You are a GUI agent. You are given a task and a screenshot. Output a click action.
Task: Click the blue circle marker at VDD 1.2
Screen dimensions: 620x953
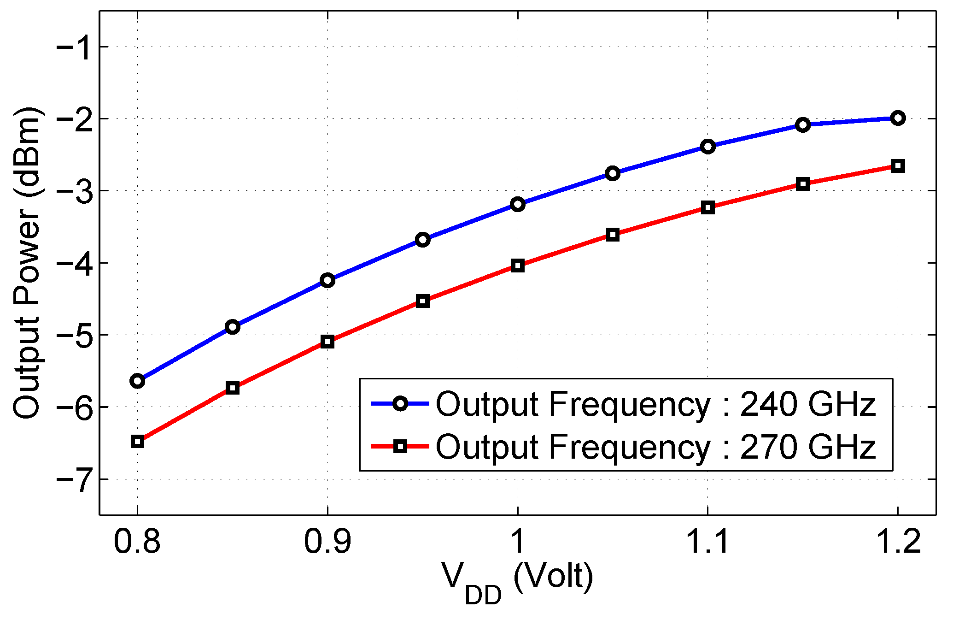point(897,118)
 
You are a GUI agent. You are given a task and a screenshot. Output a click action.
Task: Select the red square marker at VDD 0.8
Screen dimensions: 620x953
point(137,441)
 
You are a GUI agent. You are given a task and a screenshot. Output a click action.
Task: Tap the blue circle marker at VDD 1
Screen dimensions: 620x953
point(517,204)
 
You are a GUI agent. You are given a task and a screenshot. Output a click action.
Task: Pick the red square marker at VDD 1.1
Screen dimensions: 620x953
point(707,207)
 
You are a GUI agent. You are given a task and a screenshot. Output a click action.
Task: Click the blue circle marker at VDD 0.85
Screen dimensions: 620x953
point(233,327)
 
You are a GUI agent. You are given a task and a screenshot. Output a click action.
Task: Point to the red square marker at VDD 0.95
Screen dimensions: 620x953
point(422,301)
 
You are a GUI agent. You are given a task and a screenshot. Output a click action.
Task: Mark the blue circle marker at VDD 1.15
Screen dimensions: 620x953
point(802,125)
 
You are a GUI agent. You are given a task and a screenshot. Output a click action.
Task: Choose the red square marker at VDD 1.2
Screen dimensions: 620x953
point(897,166)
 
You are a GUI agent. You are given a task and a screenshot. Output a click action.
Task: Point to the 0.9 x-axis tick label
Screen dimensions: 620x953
point(327,541)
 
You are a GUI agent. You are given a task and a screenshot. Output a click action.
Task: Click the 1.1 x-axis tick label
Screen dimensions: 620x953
point(707,541)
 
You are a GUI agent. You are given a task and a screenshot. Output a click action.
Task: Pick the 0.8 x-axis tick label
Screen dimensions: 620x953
point(137,541)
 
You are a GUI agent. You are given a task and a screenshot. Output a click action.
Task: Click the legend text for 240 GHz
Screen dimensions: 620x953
point(655,404)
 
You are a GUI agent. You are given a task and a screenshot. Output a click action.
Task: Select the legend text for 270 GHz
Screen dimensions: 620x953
point(655,447)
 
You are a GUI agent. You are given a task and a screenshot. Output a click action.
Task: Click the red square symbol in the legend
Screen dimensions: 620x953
point(400,446)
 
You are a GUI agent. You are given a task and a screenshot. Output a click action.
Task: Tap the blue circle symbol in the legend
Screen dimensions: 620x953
point(400,404)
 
